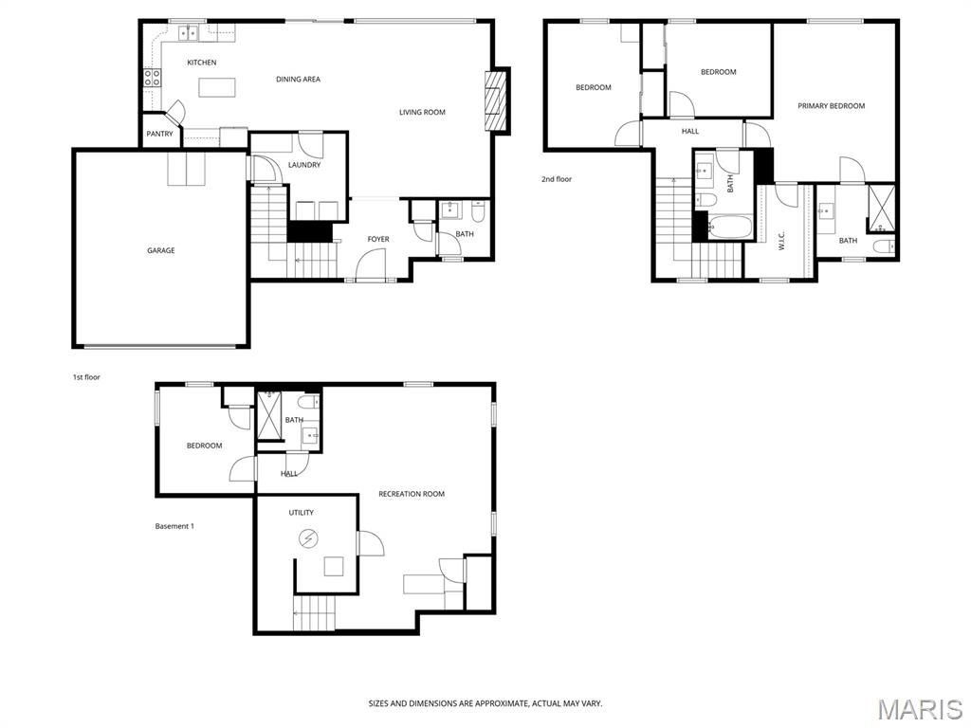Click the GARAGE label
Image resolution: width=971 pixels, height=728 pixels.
pos(160,250)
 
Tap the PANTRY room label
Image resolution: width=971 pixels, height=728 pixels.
pos(159,134)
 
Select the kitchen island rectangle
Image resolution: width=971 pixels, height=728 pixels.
pos(218,86)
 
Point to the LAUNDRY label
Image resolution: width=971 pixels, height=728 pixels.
pos(304,165)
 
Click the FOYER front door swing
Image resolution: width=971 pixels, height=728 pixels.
pos(371,264)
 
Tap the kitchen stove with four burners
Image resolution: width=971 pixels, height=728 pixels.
pos(153,78)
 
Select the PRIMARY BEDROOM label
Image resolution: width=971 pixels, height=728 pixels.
pos(831,106)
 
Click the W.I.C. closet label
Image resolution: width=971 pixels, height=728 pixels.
pos(781,241)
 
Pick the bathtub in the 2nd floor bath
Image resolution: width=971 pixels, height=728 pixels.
pos(729,227)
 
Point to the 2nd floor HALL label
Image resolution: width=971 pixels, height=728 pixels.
pos(690,131)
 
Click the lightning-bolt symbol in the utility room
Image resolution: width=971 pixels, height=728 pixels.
pos(307,538)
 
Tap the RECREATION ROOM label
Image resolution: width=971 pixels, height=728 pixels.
pos(412,494)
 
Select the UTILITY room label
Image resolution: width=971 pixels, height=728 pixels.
pos(301,513)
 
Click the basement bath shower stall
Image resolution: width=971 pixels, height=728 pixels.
pos(269,415)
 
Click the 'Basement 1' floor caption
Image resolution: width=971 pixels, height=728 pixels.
pos(174,526)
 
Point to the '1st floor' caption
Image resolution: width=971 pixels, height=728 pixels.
pos(86,377)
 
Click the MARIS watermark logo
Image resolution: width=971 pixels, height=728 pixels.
pos(920,709)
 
